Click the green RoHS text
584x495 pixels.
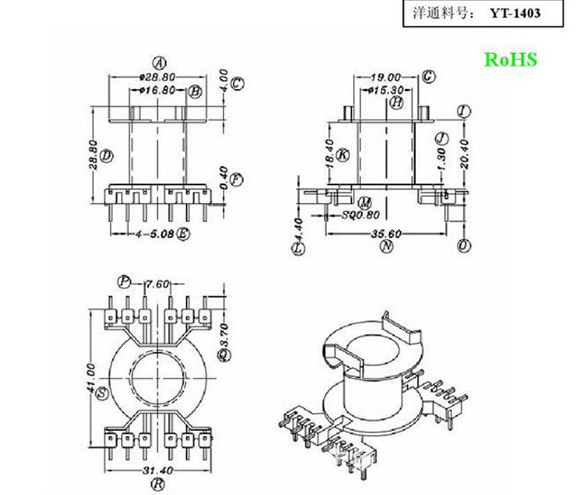pyautogui.click(x=509, y=60)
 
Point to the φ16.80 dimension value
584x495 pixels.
pyautogui.click(x=157, y=89)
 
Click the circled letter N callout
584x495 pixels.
pyautogui.click(x=386, y=247)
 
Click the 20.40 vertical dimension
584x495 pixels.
pyautogui.click(x=465, y=153)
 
